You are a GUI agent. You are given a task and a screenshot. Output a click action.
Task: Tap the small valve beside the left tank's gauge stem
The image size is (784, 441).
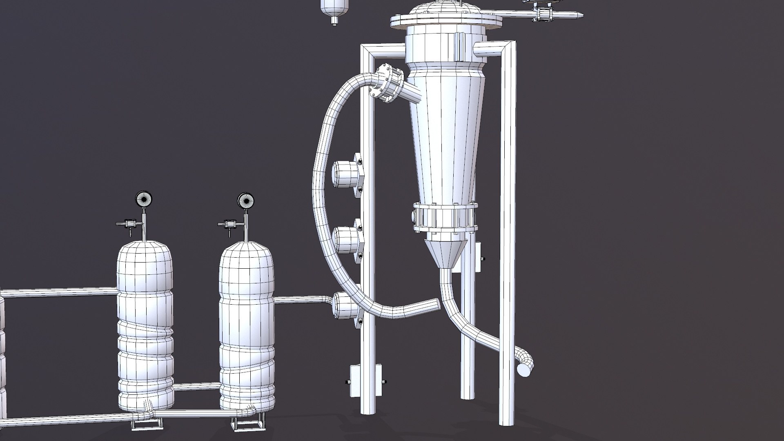[130, 223]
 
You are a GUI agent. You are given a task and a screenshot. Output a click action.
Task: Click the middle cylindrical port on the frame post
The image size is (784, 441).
[345, 240]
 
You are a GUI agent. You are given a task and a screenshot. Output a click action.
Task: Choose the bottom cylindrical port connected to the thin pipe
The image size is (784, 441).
[345, 306]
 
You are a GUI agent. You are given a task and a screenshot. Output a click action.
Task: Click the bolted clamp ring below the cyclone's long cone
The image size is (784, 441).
[445, 218]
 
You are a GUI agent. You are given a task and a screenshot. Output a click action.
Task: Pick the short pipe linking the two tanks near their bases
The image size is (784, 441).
[197, 385]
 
